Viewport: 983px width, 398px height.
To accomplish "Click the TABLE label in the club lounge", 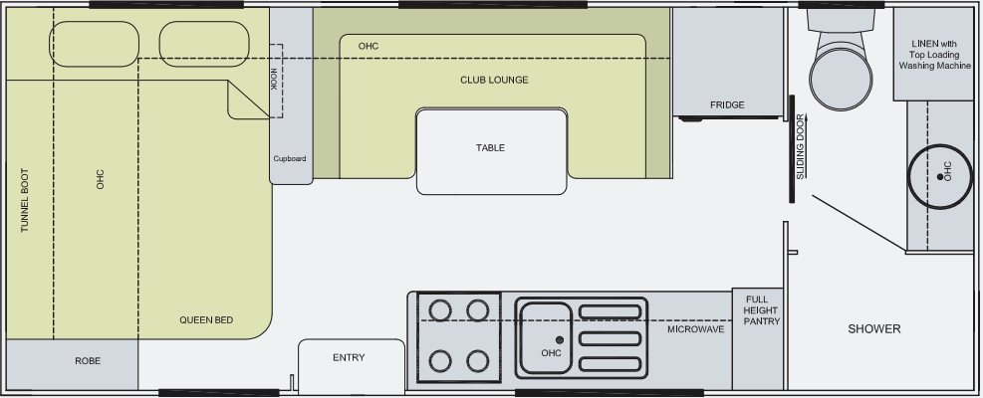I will (490, 148).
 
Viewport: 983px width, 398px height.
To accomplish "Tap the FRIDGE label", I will (727, 104).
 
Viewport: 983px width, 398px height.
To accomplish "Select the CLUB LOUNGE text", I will (494, 80).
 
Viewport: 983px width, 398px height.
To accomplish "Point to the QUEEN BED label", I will (206, 319).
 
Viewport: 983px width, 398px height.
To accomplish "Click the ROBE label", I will (89, 360).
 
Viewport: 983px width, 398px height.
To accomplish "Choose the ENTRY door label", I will (349, 358).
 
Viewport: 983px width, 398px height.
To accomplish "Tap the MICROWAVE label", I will (695, 328).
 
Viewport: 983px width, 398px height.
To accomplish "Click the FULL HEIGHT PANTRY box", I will (761, 309).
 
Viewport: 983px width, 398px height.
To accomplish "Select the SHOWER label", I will (874, 329).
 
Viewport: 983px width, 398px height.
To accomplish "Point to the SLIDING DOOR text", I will (801, 147).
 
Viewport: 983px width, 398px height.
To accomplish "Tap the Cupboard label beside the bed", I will (290, 158).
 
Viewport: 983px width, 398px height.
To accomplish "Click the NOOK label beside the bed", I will (274, 81).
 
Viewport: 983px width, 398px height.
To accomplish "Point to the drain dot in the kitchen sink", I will (560, 340).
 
